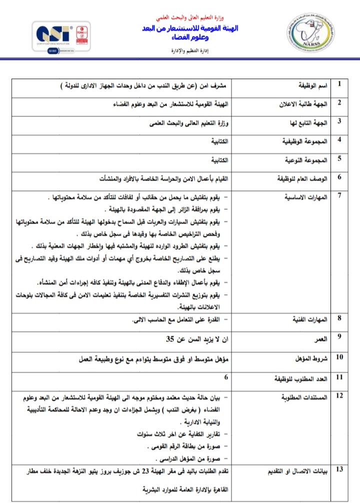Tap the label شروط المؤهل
point(310,359)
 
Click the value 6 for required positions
point(227,378)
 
